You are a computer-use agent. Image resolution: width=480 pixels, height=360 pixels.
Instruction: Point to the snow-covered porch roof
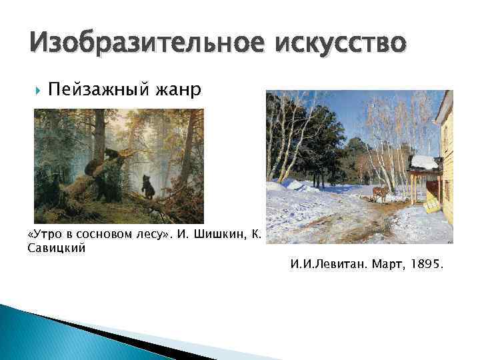[x=425, y=162]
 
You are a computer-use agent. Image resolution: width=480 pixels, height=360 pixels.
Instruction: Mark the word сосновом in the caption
[x=105, y=235]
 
